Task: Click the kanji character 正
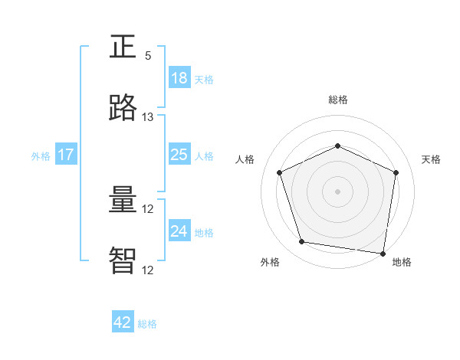pos(123,47)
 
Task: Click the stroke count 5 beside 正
pos(148,56)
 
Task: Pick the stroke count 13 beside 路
pos(148,117)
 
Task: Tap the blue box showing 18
pos(179,78)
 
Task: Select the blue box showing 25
pos(179,155)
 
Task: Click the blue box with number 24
pos(179,231)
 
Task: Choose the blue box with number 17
pos(66,155)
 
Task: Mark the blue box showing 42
pos(123,322)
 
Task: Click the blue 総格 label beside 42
pos(147,324)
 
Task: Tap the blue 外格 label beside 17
pos(41,156)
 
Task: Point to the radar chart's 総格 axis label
pos(337,100)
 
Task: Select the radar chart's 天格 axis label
pos(431,159)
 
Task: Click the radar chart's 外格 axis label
pos(270,263)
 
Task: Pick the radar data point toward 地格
pos(383,253)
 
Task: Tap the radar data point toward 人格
pos(280,172)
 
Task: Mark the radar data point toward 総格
pos(337,146)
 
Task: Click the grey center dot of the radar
pos(337,191)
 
